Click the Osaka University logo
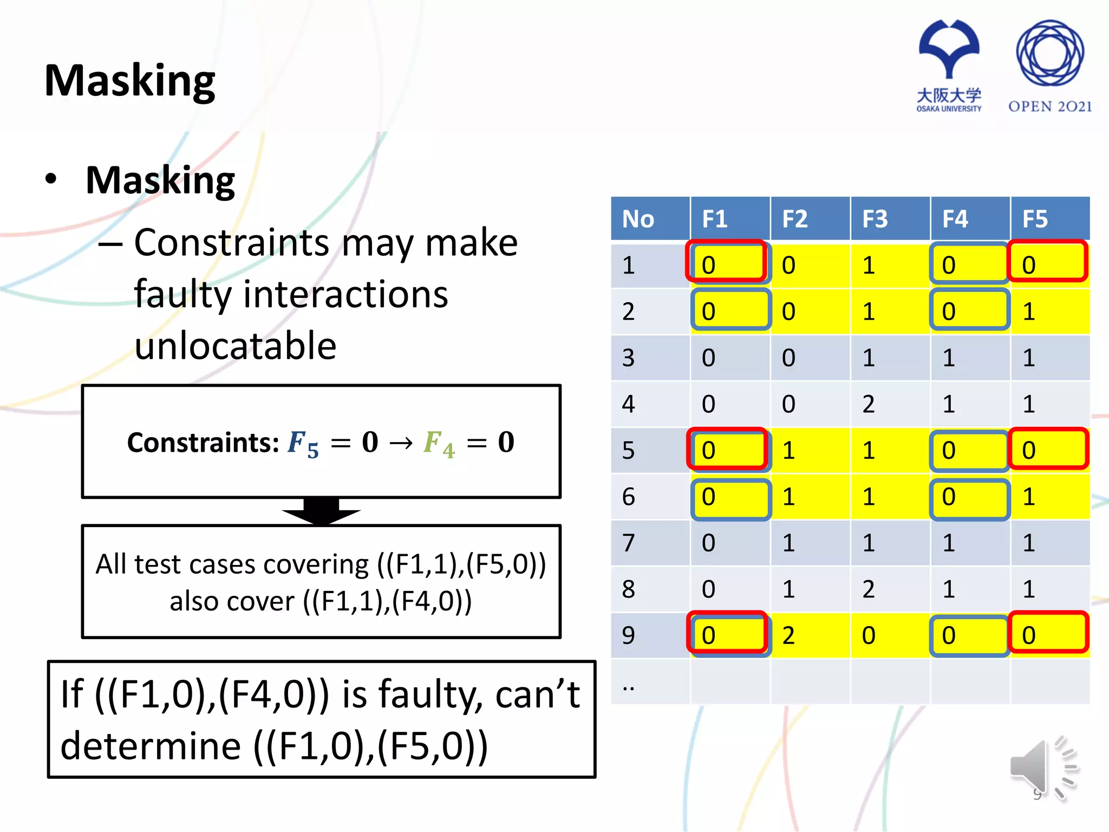coord(949,65)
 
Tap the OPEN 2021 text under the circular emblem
coord(1049,106)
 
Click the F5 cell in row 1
coord(1048,264)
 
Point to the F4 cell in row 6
coord(969,497)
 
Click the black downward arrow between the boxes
coord(321,511)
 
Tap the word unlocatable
coord(236,346)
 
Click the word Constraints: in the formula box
coord(203,443)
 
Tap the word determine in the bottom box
coord(151,746)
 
